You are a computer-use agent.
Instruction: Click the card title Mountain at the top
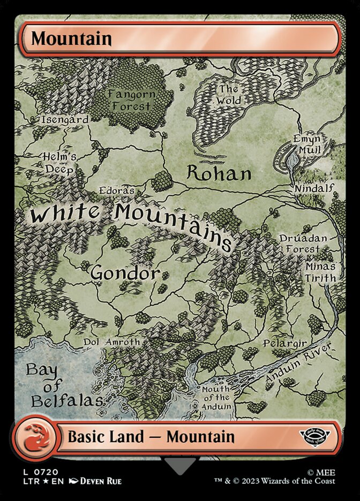[x=71, y=39]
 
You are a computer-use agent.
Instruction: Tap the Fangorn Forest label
[x=131, y=100]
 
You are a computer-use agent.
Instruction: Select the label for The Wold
[x=229, y=95]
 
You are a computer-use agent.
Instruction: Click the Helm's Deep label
[x=60, y=163]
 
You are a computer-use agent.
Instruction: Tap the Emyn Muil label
[x=306, y=145]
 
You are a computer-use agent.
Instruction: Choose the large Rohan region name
[x=219, y=173]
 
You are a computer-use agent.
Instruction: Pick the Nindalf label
[x=314, y=188]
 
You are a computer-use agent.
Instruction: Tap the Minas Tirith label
[x=320, y=272]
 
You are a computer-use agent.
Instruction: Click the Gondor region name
[x=125, y=273]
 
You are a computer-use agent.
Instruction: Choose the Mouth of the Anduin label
[x=216, y=398]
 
